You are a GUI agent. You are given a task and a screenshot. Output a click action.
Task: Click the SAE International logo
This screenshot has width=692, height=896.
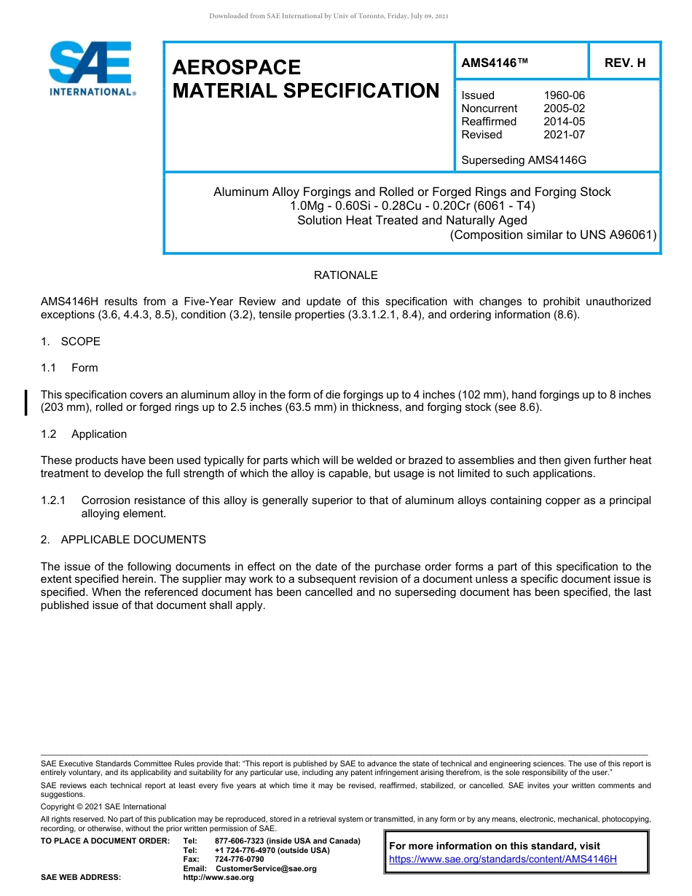[x=92, y=68]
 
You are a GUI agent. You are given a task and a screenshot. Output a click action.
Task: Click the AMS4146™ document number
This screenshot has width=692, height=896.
[x=494, y=63]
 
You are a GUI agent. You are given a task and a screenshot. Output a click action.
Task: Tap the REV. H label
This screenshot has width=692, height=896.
[x=625, y=63]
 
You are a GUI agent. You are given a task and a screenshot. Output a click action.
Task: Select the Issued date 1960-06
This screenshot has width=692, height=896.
[x=564, y=95]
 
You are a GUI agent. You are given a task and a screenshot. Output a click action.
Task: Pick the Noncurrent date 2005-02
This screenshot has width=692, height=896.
[x=564, y=109]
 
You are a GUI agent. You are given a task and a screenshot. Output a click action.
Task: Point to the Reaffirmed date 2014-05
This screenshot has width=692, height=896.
[x=564, y=122]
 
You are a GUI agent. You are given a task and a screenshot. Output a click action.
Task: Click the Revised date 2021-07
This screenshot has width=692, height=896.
[x=564, y=135]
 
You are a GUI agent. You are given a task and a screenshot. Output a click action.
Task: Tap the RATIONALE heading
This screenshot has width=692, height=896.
[x=345, y=275]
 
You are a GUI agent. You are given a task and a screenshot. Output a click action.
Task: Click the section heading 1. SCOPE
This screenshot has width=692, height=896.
[x=71, y=342]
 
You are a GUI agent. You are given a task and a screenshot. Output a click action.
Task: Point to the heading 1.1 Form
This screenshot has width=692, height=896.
[x=70, y=368]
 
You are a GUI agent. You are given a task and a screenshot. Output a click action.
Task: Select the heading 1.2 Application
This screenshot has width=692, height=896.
[x=84, y=434]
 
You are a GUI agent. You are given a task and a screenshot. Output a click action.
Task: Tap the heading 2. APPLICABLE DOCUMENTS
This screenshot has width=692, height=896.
[x=123, y=540]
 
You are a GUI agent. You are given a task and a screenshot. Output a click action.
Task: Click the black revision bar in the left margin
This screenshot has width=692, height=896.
[x=27, y=402]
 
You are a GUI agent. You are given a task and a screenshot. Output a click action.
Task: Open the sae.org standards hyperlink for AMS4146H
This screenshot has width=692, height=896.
[x=503, y=859]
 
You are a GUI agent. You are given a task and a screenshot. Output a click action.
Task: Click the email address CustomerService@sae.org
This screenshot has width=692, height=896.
[x=266, y=868]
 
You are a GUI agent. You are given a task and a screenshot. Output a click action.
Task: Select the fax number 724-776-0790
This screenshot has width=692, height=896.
[x=240, y=860]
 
